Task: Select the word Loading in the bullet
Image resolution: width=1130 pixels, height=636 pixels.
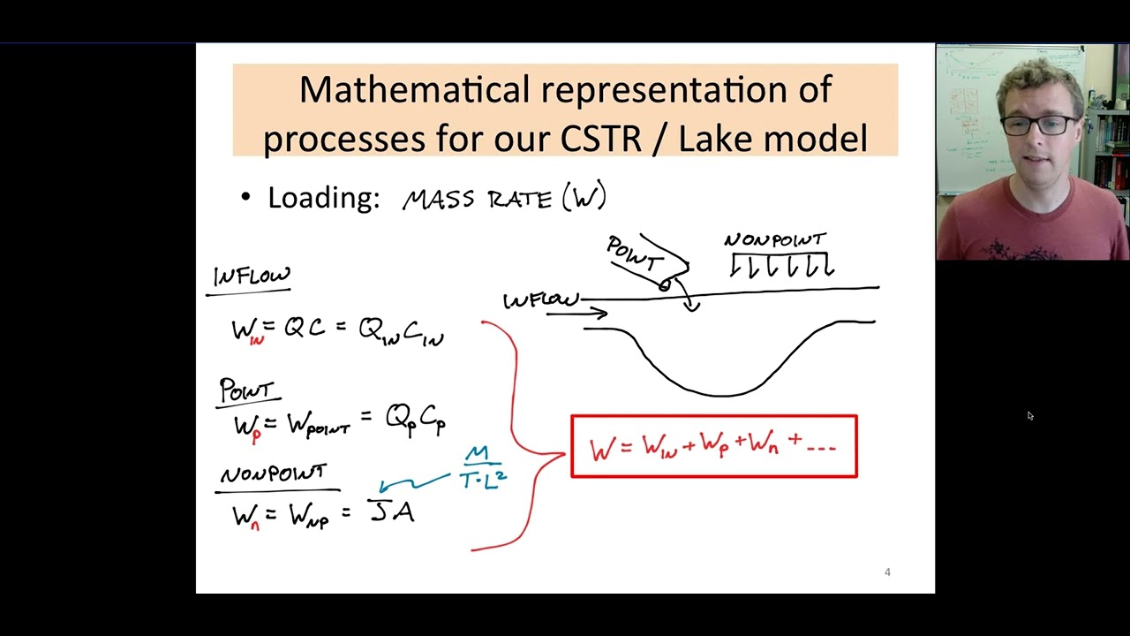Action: [x=323, y=197]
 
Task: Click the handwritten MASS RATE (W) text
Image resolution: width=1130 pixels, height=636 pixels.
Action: [x=504, y=197]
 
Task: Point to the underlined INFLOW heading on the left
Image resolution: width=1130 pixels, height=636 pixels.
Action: [x=252, y=276]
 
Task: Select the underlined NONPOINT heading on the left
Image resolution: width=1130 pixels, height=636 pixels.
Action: [x=274, y=474]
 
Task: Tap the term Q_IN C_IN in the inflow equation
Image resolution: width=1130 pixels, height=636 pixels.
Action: [x=401, y=331]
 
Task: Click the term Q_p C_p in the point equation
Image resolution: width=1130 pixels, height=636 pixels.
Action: [x=415, y=419]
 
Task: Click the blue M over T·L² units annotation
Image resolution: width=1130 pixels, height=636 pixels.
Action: [x=482, y=468]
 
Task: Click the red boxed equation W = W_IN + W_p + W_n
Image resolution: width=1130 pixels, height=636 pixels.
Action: [x=713, y=447]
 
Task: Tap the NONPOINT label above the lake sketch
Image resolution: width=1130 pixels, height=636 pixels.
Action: [x=775, y=240]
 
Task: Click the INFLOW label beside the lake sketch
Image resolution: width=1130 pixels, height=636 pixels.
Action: [x=540, y=301]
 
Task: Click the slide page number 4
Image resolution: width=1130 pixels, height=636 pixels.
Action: [x=887, y=572]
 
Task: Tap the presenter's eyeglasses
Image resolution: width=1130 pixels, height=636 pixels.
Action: [x=1038, y=125]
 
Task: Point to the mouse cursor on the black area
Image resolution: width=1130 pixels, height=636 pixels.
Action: [x=1029, y=416]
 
